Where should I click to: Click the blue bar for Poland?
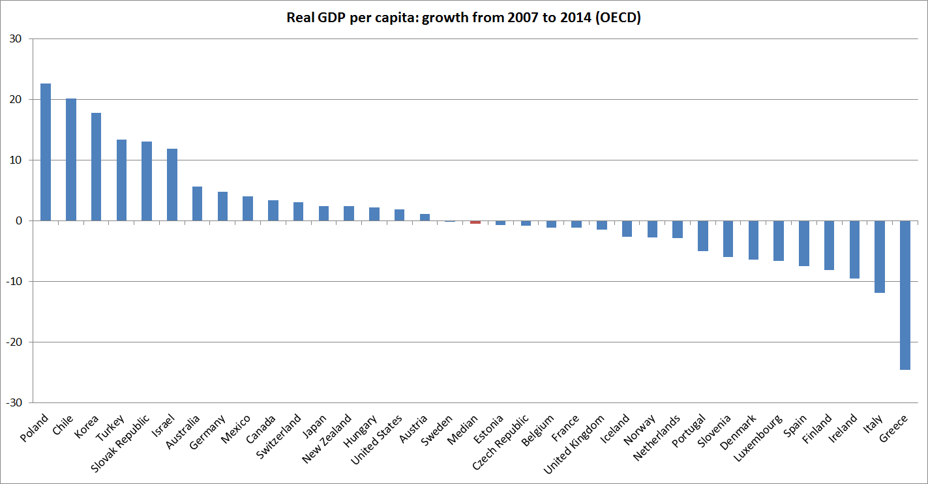(x=46, y=152)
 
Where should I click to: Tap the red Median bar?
(x=475, y=222)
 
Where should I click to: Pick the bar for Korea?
(x=96, y=167)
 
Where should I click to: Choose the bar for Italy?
(x=880, y=256)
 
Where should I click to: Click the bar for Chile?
(x=71, y=159)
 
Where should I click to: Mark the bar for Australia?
(x=197, y=204)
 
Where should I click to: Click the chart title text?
(x=464, y=18)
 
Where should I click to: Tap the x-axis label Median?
(x=464, y=430)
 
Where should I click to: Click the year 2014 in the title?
(x=573, y=18)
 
